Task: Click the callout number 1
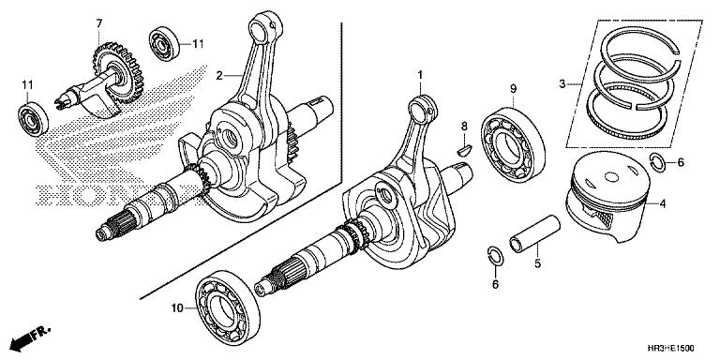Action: pyautogui.click(x=421, y=74)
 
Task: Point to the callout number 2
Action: pyautogui.click(x=218, y=75)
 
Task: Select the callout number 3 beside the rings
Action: pyautogui.click(x=562, y=84)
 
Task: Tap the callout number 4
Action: pyautogui.click(x=662, y=202)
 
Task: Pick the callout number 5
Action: pyautogui.click(x=537, y=265)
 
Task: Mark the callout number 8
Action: pyautogui.click(x=462, y=126)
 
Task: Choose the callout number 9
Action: pyautogui.click(x=514, y=88)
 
